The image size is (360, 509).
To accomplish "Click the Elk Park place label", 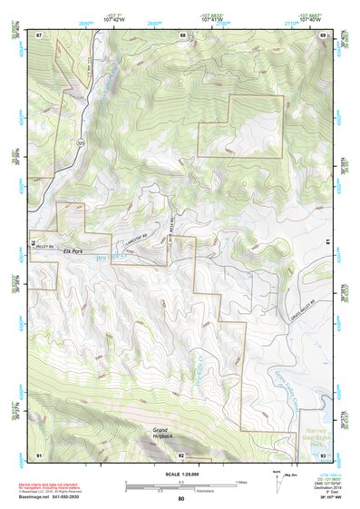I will pos(49,248).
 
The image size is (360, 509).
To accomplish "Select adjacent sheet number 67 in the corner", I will pos(40,35).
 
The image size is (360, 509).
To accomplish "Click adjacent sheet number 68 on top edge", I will pos(182,35).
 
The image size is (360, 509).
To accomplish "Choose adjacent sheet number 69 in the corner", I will pos(323,35).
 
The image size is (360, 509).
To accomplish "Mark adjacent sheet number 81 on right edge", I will pos(325,242).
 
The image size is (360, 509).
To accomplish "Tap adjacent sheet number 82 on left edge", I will pos(35,244).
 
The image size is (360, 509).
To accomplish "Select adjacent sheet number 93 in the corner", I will pos(323,454).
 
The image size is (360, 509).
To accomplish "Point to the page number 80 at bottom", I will pos(181,499).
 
